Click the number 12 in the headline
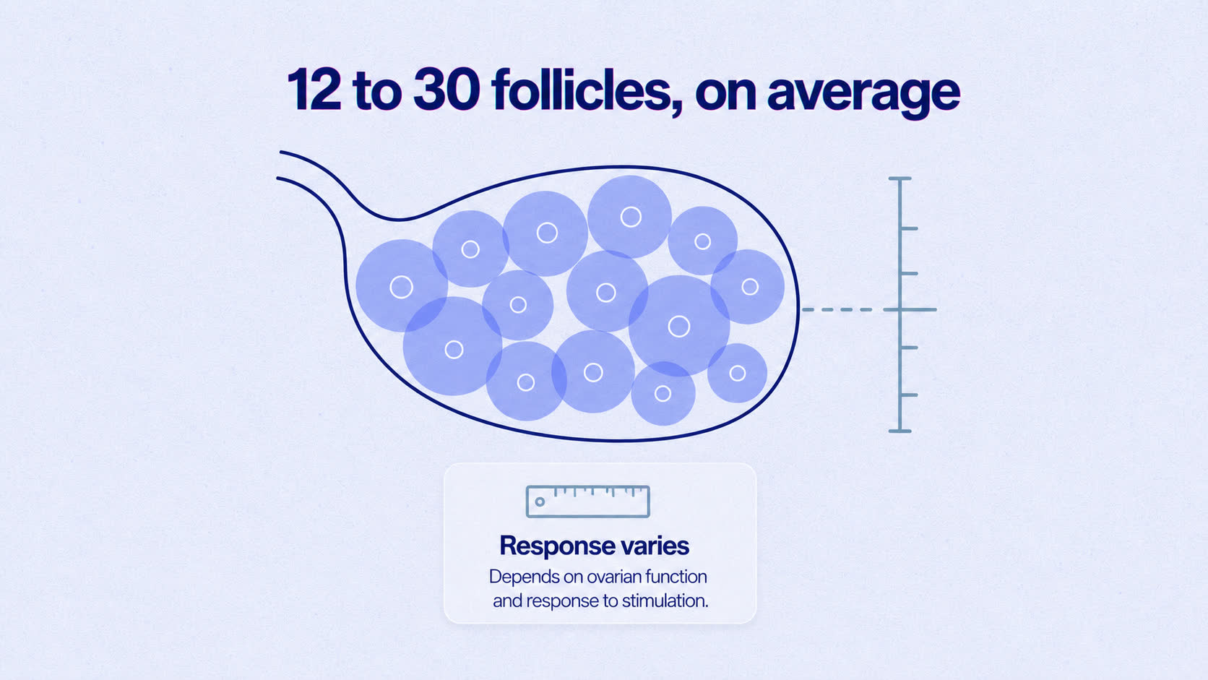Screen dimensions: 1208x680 click(314, 90)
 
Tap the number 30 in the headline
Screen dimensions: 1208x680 click(446, 90)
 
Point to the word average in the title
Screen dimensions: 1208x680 click(863, 95)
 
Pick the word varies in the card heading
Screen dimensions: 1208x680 click(655, 546)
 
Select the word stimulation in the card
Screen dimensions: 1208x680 click(665, 601)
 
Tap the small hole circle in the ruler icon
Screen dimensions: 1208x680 click(540, 502)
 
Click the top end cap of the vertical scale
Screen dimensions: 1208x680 click(900, 178)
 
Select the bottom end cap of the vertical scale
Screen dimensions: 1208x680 click(900, 431)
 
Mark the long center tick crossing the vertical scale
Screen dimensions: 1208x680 click(910, 309)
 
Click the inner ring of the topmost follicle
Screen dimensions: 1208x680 click(631, 217)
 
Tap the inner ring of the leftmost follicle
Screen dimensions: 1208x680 click(401, 287)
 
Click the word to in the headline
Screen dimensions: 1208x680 click(377, 92)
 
